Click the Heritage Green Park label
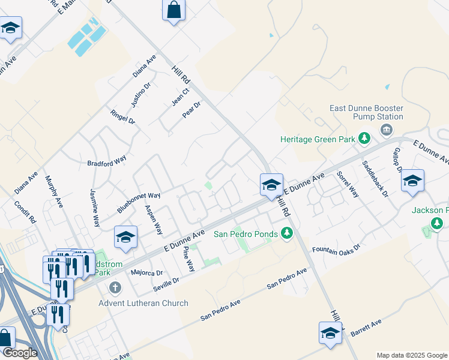tap(318, 139)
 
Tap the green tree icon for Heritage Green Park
tap(363, 139)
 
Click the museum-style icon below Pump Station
tap(387, 129)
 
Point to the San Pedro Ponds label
tap(246, 233)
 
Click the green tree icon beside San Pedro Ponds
tap(287, 233)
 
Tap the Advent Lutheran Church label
tap(143, 303)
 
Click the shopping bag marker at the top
tap(173, 10)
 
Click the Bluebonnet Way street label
tap(139, 203)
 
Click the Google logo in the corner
tap(19, 353)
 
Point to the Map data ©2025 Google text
tap(411, 355)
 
